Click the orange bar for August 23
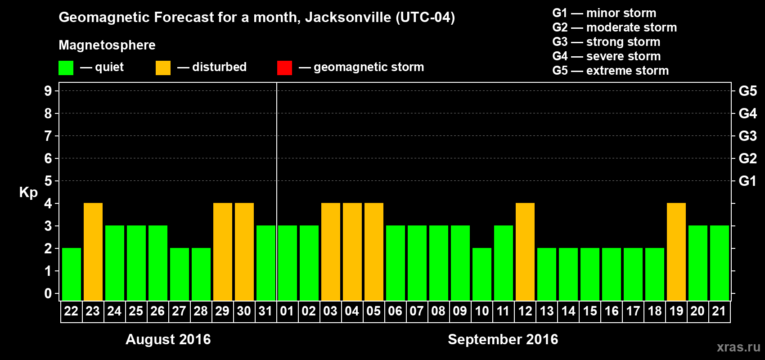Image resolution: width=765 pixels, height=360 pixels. point(93,252)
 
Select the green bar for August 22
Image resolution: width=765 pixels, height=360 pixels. point(72,274)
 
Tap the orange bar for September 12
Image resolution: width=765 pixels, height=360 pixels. point(525,252)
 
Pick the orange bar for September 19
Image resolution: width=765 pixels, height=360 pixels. point(676,252)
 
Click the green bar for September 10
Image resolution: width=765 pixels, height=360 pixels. point(482,274)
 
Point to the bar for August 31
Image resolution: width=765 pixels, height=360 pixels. point(266,263)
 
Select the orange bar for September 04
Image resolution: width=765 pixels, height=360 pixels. point(352,252)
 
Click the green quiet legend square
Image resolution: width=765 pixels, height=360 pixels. point(66,68)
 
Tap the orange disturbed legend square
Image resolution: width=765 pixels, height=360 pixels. point(163,68)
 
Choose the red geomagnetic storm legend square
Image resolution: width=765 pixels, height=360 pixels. point(284,68)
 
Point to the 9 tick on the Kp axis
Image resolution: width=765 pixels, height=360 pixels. point(48,91)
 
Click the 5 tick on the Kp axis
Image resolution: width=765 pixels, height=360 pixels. point(48,181)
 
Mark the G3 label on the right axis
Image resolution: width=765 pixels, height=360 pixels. point(747,136)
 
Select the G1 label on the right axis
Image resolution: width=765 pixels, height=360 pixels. point(747,181)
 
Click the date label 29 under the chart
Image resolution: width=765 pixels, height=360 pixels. point(222,311)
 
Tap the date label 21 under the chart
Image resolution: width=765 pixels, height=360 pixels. point(719,311)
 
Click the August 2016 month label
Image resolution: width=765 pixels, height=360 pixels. point(168,339)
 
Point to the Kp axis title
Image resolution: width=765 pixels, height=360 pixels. point(28,193)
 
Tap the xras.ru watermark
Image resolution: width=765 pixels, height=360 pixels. point(738,347)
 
